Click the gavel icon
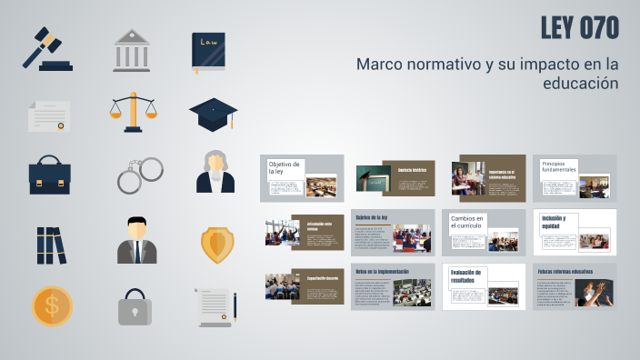tap(48, 48)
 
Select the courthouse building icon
tap(132, 50)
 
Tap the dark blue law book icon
tap(208, 52)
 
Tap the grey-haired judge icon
tap(215, 171)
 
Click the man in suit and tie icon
tap(136, 240)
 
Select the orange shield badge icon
tap(216, 243)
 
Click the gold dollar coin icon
tap(52, 305)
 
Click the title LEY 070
tap(579, 29)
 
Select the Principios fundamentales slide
tap(575, 178)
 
